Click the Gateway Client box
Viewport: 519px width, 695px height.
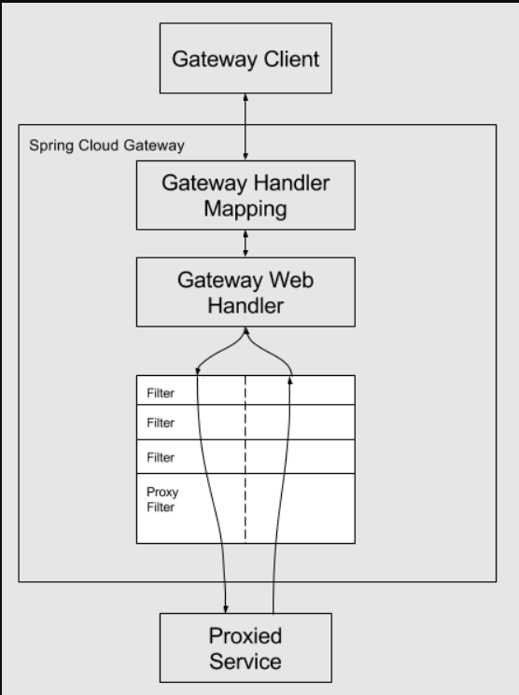[x=245, y=58]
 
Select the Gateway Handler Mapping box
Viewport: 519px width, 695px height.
[x=245, y=195]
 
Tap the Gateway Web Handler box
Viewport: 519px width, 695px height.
[x=245, y=292]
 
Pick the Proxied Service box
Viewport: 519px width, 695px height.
[x=245, y=647]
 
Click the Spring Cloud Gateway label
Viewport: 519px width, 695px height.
[x=107, y=146]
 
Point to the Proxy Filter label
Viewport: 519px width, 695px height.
[x=162, y=499]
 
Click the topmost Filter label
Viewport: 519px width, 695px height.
[x=161, y=393]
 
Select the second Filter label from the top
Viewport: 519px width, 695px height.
[x=161, y=423]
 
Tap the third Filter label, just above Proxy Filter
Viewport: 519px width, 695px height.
[x=161, y=457]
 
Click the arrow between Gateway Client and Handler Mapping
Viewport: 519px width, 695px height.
[x=245, y=127]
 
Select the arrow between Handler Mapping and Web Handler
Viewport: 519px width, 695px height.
[x=245, y=243]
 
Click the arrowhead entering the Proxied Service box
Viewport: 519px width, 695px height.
[x=226, y=609]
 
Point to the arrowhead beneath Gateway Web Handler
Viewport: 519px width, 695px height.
[x=245, y=330]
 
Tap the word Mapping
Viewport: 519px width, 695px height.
[x=245, y=209]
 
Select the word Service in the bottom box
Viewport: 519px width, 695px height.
[x=245, y=661]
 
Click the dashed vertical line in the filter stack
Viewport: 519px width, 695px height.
[x=245, y=459]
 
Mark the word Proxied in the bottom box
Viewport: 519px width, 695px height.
[x=245, y=635]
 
